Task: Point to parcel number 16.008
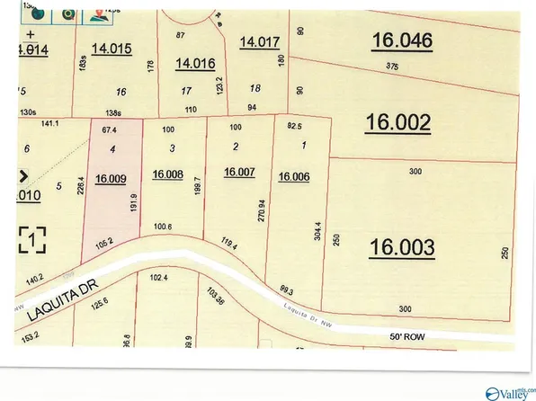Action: [167, 175]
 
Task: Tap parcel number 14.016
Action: [195, 64]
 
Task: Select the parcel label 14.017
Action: [260, 40]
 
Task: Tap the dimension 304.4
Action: [317, 236]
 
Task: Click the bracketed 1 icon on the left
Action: [31, 240]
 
